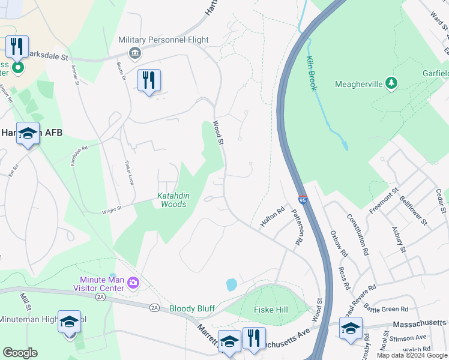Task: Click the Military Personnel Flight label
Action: click(x=163, y=40)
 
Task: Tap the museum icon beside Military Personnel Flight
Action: click(x=135, y=53)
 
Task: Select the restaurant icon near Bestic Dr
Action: click(x=149, y=80)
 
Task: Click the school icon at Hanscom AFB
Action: click(x=28, y=134)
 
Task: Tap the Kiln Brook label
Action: click(x=312, y=73)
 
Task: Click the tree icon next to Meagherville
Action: click(x=391, y=83)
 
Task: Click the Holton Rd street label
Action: click(x=271, y=217)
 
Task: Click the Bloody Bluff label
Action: click(x=191, y=308)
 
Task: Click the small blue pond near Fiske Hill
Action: click(x=231, y=284)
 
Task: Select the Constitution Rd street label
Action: click(x=363, y=236)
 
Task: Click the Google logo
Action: click(x=20, y=353)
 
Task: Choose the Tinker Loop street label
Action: click(x=128, y=172)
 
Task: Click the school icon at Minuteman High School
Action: click(x=69, y=322)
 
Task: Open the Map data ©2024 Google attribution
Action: click(x=411, y=355)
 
